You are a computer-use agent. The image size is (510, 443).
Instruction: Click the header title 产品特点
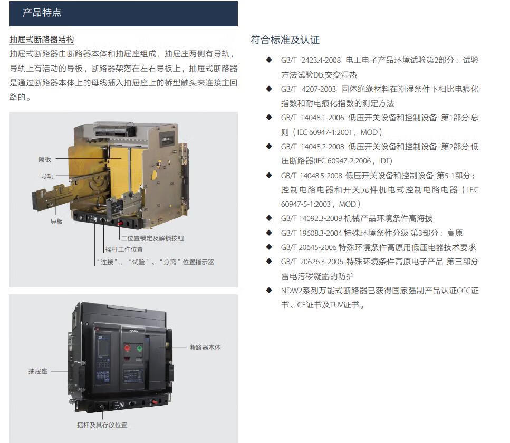pyautogui.click(x=42, y=13)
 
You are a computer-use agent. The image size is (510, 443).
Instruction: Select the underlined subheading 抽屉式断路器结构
pyautogui.click(x=42, y=40)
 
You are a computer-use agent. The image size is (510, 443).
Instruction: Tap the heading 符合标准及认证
pyautogui.click(x=285, y=40)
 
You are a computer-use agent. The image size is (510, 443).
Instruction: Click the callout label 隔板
pyautogui.click(x=44, y=159)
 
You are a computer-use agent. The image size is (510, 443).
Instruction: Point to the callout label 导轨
pyautogui.click(x=47, y=176)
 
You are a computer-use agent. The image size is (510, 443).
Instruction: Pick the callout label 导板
pyautogui.click(x=56, y=221)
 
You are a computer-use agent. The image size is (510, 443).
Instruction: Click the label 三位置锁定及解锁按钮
pyautogui.click(x=152, y=238)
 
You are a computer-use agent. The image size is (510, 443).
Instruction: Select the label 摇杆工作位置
pyautogui.click(x=124, y=249)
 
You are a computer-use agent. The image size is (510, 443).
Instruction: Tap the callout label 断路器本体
pyautogui.click(x=205, y=348)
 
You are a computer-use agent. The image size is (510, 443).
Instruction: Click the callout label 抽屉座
pyautogui.click(x=38, y=371)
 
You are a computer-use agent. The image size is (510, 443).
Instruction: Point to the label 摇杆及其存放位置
pyautogui.click(x=102, y=425)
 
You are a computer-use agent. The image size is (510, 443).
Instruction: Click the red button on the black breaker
pyautogui.click(x=127, y=349)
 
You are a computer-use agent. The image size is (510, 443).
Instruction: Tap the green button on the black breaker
pyautogui.click(x=140, y=349)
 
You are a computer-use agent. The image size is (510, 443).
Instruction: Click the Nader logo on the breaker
pyautogui.click(x=133, y=331)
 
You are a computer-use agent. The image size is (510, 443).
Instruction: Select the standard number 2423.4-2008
pyautogui.click(x=321, y=60)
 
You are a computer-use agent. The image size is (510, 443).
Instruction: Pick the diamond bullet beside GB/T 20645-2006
pyautogui.click(x=269, y=247)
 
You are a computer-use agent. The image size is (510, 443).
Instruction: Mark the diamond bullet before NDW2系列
pyautogui.click(x=269, y=290)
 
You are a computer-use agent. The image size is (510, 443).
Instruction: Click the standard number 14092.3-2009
pyautogui.click(x=320, y=218)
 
